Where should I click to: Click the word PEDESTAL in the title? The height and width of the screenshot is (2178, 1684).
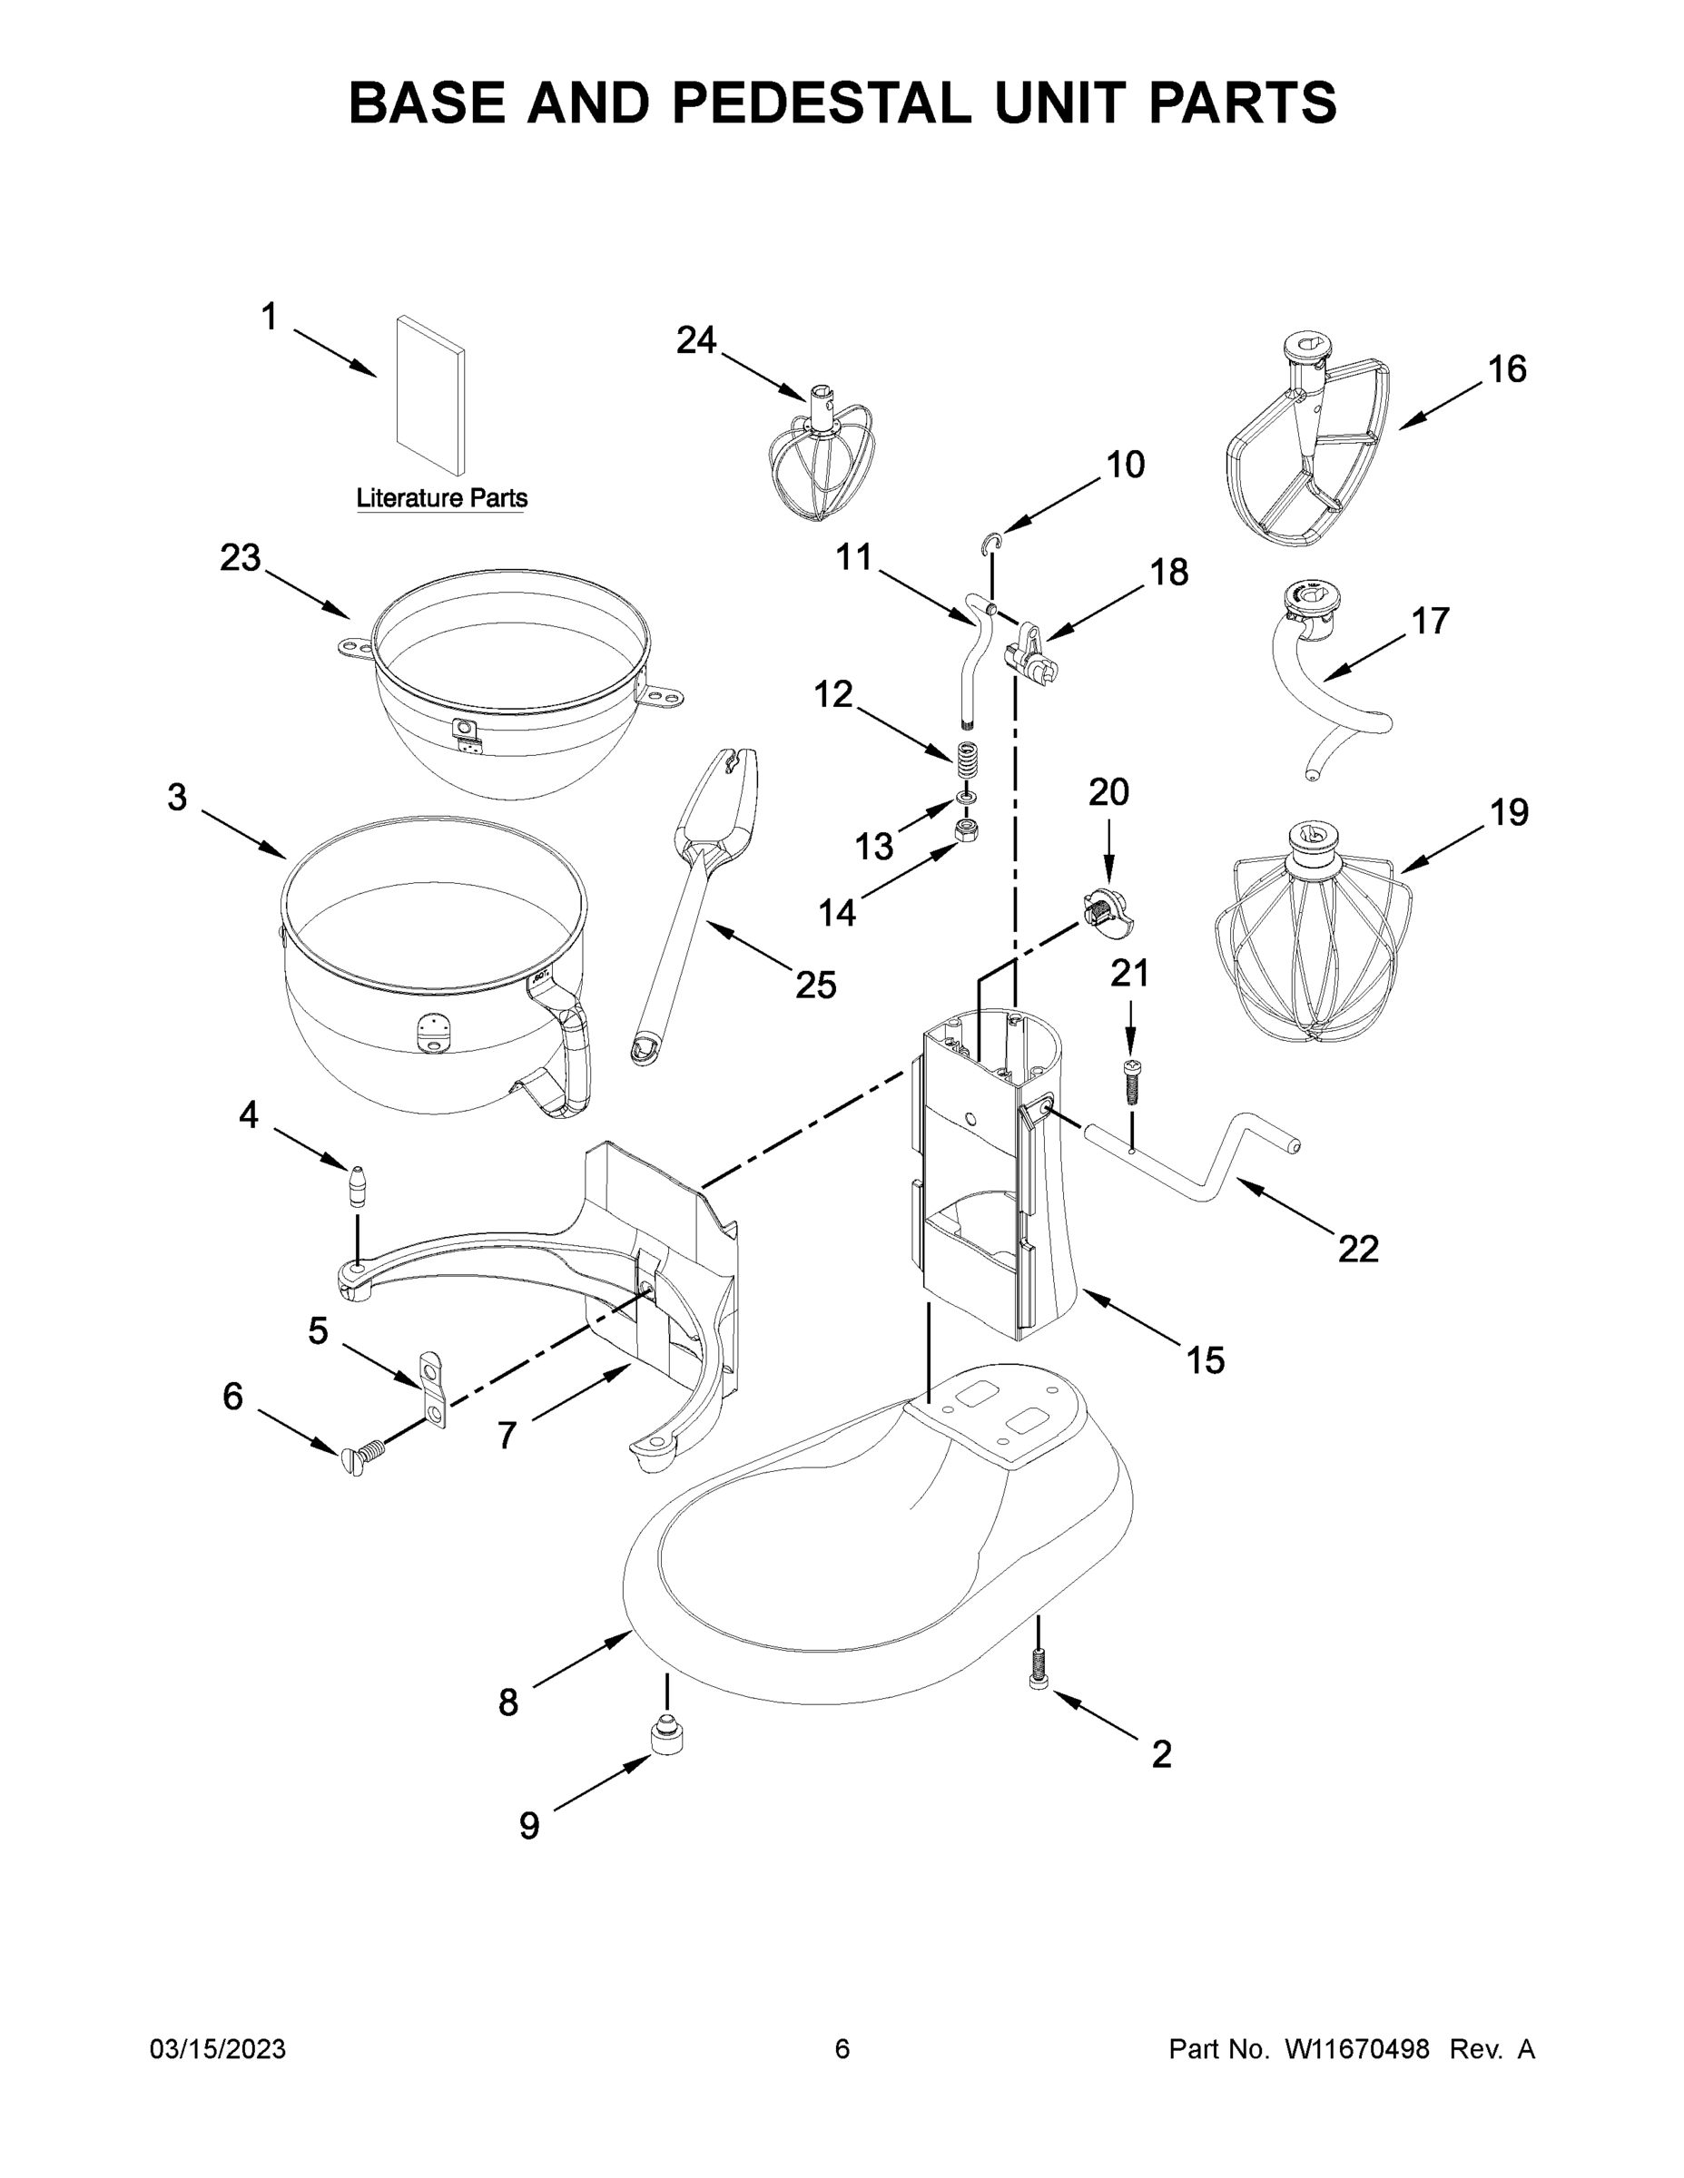[x=820, y=103]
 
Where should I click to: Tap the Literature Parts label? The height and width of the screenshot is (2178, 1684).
[x=442, y=497]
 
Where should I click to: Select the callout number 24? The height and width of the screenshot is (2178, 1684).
[x=696, y=341]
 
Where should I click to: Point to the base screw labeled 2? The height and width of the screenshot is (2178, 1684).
[x=1039, y=1674]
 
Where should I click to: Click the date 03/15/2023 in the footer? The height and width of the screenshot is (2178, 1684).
[x=218, y=2049]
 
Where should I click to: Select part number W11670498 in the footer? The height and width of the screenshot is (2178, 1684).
[x=1357, y=2049]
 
